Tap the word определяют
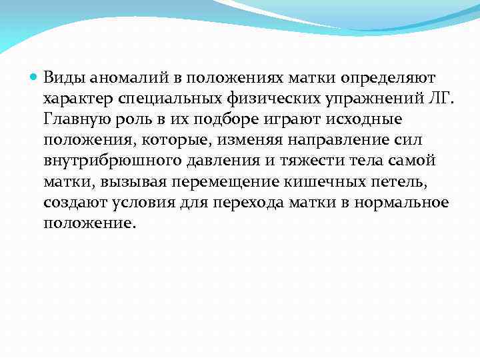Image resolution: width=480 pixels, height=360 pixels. pyautogui.click(x=388, y=79)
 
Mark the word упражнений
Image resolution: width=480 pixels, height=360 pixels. pyautogui.click(x=363, y=99)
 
